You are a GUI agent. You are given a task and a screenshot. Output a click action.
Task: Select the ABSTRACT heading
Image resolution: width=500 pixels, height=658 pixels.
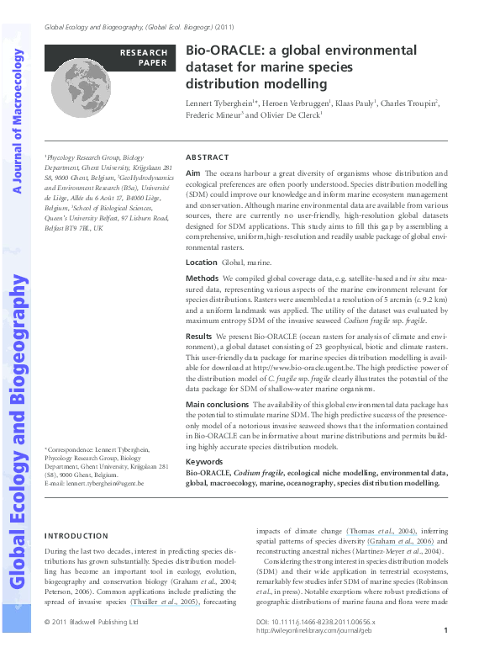tap(206, 157)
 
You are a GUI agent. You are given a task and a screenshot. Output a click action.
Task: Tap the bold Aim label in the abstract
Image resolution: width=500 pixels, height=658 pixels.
tap(192, 172)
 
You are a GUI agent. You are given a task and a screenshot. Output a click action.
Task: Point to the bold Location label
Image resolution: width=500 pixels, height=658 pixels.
tap(201, 263)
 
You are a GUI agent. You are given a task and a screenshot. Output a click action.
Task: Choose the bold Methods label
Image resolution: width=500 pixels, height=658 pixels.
tap(202, 278)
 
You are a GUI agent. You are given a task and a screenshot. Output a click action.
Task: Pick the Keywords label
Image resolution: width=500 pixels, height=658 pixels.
tap(203, 462)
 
